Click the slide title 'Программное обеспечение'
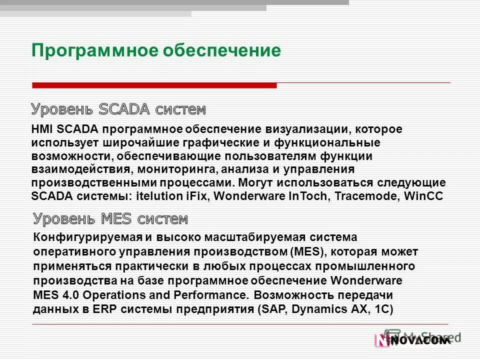coord(156,50)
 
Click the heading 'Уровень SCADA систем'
coord(118,109)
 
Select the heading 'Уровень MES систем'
coord(110,218)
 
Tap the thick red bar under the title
coord(154,85)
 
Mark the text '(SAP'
coord(271,308)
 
